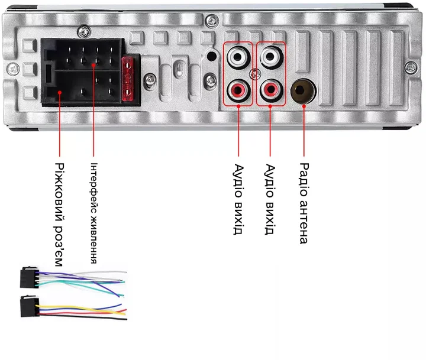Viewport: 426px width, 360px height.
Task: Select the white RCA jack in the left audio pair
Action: (x=238, y=57)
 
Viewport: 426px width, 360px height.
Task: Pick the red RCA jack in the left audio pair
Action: (x=238, y=91)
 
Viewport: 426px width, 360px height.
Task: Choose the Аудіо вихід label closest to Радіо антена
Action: (x=270, y=199)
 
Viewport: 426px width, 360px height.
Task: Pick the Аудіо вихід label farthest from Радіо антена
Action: (x=238, y=199)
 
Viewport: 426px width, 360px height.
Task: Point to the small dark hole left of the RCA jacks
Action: (x=211, y=57)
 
